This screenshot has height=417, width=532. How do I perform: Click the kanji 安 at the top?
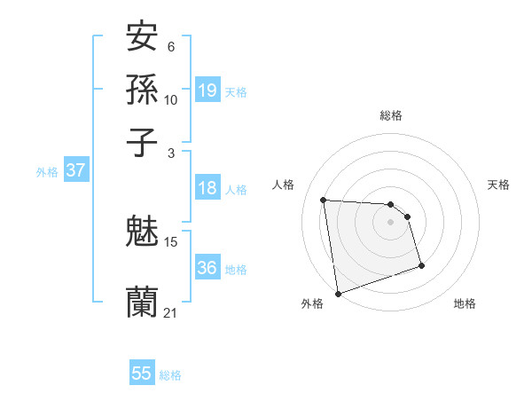pos(142,37)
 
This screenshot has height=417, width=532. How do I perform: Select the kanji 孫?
pos(142,89)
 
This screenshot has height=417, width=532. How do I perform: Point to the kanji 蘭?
pos(142,302)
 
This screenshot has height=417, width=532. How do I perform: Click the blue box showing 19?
pos(207,90)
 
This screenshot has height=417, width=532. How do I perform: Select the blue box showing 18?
pos(207,188)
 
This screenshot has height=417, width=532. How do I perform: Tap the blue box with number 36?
pos(207,268)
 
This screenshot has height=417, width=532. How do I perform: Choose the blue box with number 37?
pos(75,171)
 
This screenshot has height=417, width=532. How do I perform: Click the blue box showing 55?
pos(142,374)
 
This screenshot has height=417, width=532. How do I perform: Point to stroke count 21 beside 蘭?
pos(171,312)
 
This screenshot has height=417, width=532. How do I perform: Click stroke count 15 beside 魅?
pos(171,241)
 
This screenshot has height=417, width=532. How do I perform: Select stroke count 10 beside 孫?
pos(171,99)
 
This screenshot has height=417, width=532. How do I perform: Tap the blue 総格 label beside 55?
pos(170,375)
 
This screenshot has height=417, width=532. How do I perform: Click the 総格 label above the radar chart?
pos(390,115)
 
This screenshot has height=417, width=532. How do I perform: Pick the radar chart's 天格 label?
pos(498,185)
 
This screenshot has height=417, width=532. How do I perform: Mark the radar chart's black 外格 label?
pos(312,303)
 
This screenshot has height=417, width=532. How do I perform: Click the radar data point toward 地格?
pos(421,265)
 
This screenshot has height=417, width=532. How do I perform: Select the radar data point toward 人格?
pos(324,200)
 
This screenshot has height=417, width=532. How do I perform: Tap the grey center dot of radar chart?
pos(390,222)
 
